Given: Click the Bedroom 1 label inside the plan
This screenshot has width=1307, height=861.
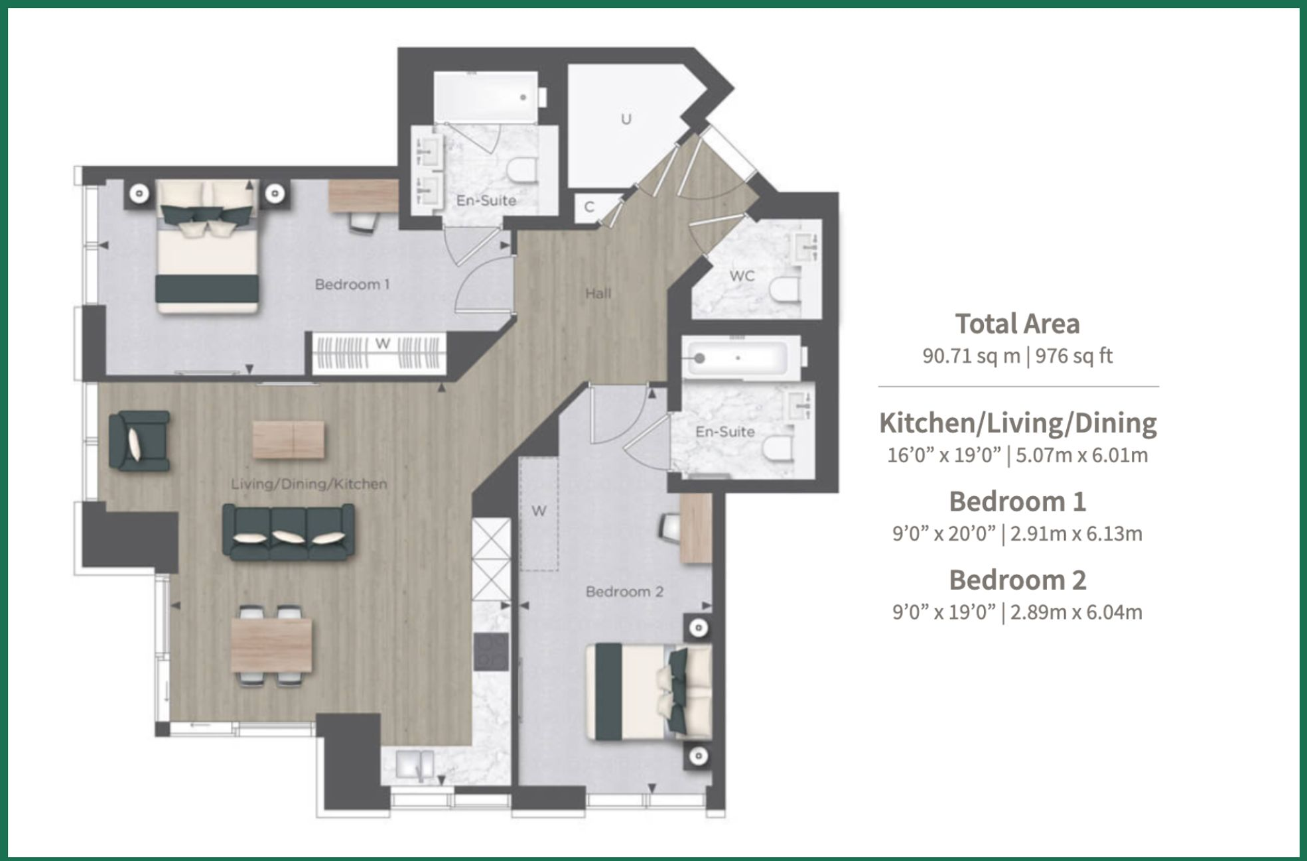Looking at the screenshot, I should pos(352,285).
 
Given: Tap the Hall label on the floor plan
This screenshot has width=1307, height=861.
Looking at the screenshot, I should pos(598,293).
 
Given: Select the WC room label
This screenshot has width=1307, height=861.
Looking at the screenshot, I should pos(742,276).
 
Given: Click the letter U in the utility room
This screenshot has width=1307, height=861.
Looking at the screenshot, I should pos(626,119).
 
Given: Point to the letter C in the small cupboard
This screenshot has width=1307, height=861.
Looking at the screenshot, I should pos(589,207).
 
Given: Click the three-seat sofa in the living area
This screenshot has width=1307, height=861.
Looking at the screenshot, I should pos(288,532).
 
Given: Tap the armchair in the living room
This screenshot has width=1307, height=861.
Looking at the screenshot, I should pos(139,441).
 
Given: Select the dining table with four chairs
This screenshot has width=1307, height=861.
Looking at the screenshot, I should pos(271,645).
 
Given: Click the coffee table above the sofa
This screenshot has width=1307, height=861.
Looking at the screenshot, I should pos(289,440).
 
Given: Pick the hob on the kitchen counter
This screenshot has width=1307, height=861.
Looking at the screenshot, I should pos(491,652).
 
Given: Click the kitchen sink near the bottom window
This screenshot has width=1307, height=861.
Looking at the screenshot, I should pos(415,765).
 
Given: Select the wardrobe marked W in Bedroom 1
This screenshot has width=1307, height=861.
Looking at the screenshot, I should pos(379,352).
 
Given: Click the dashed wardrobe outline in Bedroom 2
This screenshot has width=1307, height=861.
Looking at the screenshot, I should pos(539,514).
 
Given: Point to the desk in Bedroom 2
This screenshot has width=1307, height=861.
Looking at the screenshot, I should pos(696,529).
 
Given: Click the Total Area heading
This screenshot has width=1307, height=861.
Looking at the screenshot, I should pos(1017,324).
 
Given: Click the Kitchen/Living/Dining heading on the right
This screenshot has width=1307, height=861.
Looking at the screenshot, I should pos(1017,423).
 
